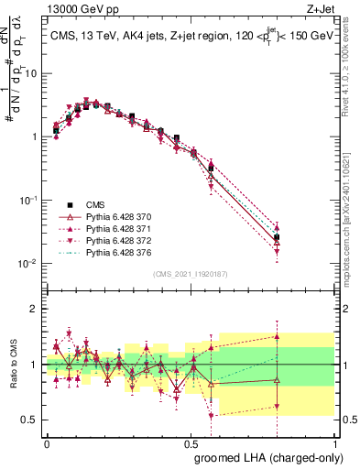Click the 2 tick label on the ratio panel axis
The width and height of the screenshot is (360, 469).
pyautogui.click(x=36, y=310)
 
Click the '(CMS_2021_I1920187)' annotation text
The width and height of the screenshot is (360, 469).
pyautogui.click(x=191, y=273)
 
